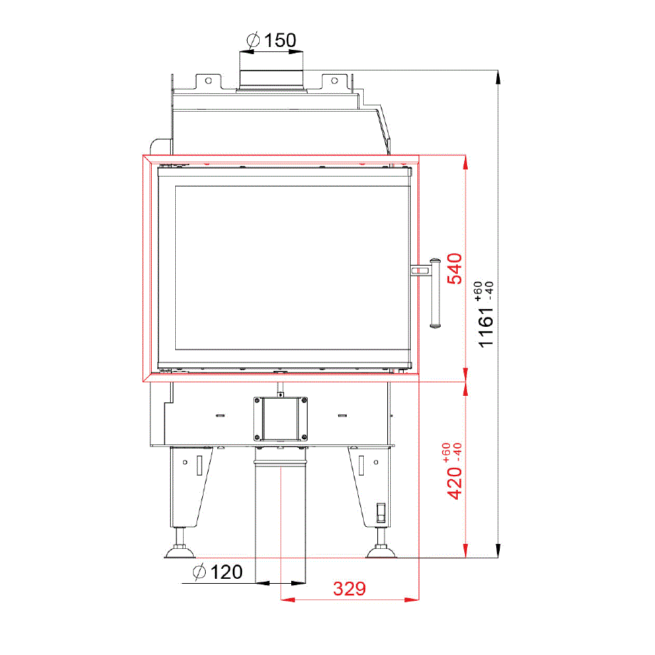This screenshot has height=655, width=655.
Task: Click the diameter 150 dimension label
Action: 271,41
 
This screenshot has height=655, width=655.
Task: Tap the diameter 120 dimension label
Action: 218,572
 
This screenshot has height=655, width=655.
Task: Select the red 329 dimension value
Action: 350,589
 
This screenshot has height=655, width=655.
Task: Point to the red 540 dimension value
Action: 454,268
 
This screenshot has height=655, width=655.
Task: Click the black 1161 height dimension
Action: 486,327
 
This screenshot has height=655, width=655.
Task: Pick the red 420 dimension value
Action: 454,483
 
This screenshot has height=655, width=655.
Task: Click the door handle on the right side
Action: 434,293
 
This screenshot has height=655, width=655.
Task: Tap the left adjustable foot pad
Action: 180,552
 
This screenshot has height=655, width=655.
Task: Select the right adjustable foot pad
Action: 381,552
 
